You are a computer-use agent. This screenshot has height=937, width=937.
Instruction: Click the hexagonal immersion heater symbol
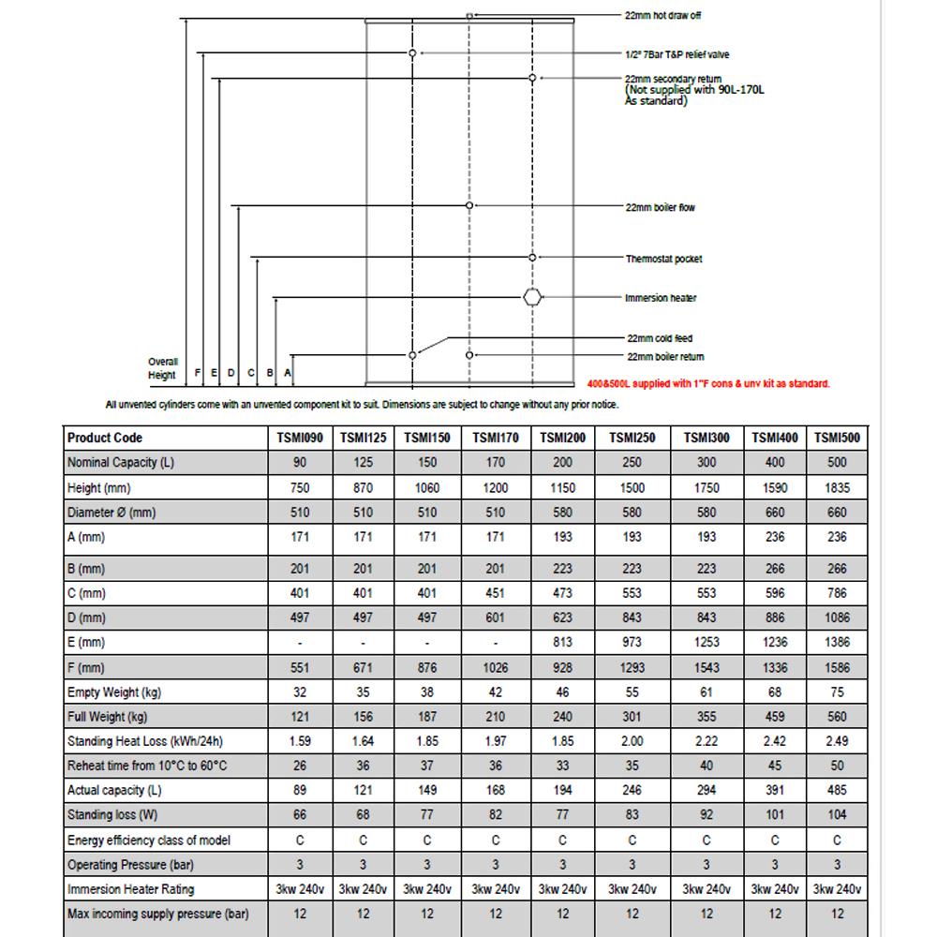(532, 298)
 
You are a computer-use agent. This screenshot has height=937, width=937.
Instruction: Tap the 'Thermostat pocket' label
(663, 259)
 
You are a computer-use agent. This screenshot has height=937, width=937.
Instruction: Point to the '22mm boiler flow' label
(661, 207)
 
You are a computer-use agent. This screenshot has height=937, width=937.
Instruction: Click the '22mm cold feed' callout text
(659, 338)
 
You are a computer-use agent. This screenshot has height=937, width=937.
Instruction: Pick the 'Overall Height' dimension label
(162, 368)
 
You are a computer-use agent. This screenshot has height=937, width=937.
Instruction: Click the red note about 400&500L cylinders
(707, 384)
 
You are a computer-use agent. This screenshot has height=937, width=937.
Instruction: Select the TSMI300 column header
(706, 438)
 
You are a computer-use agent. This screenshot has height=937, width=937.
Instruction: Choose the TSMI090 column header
(300, 438)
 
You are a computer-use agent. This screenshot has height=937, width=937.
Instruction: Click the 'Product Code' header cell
(106, 438)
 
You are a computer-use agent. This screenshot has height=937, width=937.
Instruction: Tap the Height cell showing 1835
(837, 487)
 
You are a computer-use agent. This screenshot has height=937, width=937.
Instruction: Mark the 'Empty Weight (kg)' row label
(114, 692)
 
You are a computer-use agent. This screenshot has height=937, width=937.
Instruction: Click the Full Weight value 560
(837, 717)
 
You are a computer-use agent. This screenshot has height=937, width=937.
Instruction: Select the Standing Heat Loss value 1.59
(300, 741)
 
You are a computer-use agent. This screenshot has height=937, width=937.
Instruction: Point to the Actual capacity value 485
(837, 790)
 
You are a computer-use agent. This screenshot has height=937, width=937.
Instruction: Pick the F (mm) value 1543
(706, 667)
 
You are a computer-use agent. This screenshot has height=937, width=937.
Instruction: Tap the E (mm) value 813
(562, 642)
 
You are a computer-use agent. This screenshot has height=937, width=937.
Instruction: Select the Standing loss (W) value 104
(837, 815)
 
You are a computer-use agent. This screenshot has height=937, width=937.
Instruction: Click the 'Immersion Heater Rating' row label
(129, 889)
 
